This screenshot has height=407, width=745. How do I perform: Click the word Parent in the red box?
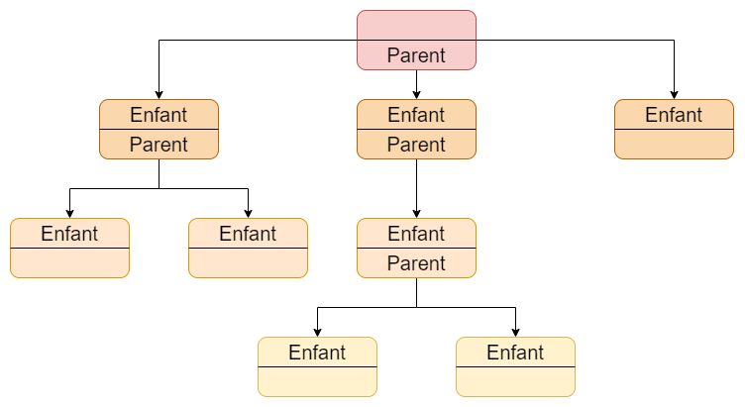[416, 55]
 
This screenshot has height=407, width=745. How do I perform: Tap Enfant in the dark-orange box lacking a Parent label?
[674, 115]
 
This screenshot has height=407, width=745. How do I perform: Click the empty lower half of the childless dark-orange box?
[674, 144]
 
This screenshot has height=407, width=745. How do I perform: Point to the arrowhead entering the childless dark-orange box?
[674, 94]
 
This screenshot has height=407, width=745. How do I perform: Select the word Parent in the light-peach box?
[416, 263]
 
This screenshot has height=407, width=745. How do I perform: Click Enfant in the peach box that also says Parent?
[416, 233]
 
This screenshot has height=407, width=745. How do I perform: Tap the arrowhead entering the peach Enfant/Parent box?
[416, 213]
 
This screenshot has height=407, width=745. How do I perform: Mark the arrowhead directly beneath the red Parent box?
[416, 94]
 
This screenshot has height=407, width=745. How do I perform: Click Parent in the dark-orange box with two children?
[159, 145]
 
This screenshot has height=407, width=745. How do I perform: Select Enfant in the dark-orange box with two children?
[159, 115]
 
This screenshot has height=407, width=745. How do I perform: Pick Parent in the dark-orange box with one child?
[416, 145]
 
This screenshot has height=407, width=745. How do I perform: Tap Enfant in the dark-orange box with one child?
[416, 115]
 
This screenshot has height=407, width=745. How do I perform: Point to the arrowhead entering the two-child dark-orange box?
[159, 94]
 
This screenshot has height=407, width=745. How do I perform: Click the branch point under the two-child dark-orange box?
[159, 188]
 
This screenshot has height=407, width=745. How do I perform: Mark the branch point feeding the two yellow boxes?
[416, 307]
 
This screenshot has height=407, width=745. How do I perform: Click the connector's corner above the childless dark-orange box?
[674, 40]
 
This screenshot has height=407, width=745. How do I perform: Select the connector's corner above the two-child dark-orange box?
[159, 40]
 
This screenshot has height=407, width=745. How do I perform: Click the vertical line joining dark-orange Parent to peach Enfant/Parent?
[416, 186]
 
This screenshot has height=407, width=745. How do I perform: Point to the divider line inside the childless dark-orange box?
[674, 129]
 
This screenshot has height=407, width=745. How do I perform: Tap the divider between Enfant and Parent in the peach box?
[416, 248]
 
